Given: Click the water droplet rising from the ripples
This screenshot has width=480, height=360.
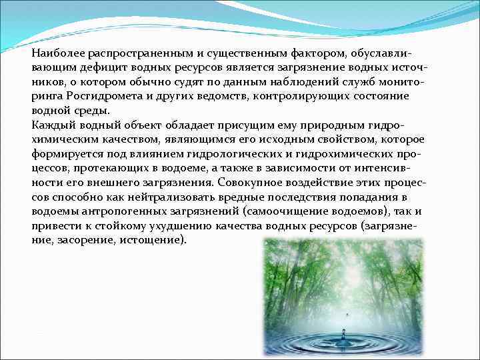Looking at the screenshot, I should pyautogui.click(x=344, y=331).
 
